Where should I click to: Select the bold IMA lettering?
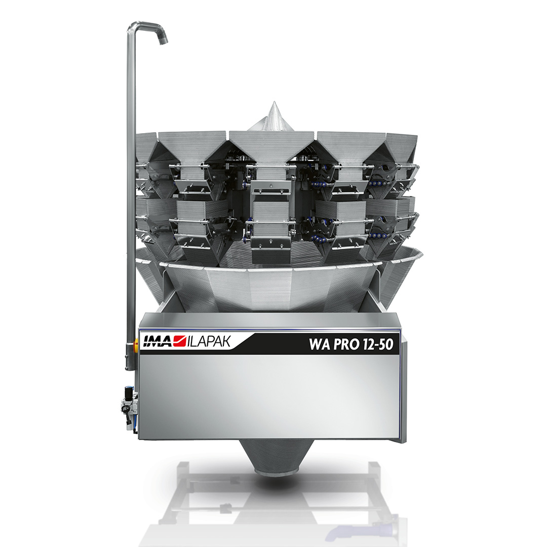click(158, 341)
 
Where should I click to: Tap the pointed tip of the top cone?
click(272, 102)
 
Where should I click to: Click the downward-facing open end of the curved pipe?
click(163, 41)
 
